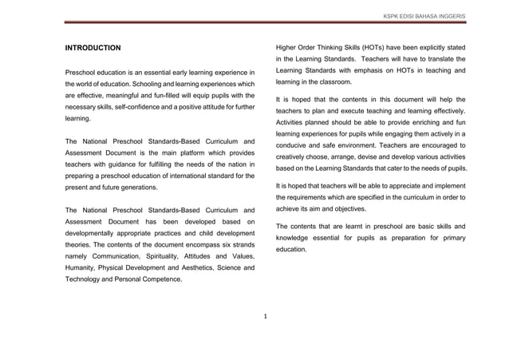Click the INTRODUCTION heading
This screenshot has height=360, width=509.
pos(93,49)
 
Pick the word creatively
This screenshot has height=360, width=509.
pos(294,158)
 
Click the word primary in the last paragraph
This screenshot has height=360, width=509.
pos(452,238)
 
